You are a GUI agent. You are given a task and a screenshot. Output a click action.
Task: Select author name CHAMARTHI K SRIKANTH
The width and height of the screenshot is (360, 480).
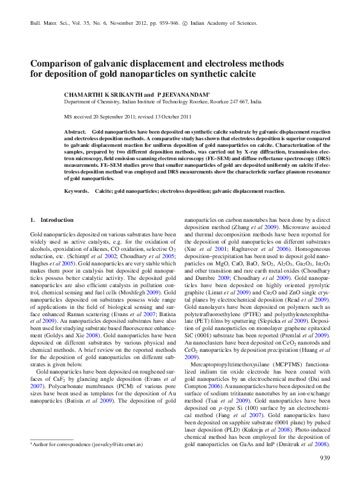[102, 95]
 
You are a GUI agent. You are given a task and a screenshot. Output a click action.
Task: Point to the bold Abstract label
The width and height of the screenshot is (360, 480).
[75, 131]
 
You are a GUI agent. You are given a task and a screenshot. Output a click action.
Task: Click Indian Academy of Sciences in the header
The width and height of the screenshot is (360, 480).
[227, 22]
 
